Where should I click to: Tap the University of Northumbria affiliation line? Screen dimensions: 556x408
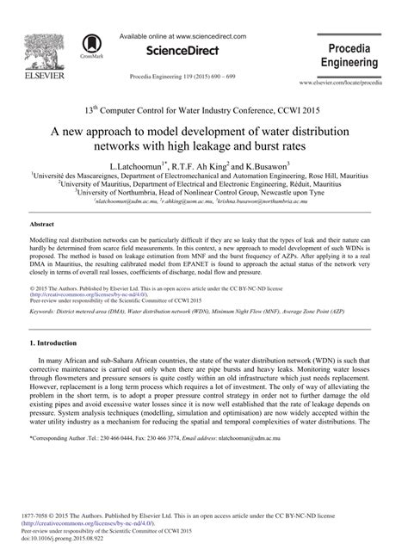[205, 193]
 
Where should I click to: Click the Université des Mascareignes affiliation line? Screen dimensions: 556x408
[203, 173]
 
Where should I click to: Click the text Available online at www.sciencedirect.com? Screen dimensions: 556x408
[195, 36]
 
